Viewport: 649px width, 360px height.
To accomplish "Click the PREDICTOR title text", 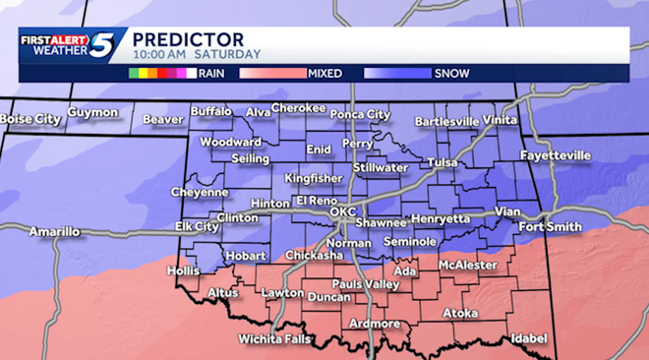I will point(183,37).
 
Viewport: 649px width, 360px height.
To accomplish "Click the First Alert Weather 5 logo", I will point(68,47).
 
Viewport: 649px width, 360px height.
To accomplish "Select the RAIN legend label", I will point(211,73).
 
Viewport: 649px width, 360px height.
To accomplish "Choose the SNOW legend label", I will point(451,73).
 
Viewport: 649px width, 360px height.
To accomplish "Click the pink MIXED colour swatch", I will point(271,73).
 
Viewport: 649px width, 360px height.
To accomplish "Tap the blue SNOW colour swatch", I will point(397,73).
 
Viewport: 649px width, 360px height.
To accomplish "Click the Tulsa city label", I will point(443,162).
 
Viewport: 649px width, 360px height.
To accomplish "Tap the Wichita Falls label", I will point(274,339).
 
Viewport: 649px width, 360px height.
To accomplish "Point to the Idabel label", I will point(528,338).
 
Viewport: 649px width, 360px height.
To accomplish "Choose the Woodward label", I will point(230,142).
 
